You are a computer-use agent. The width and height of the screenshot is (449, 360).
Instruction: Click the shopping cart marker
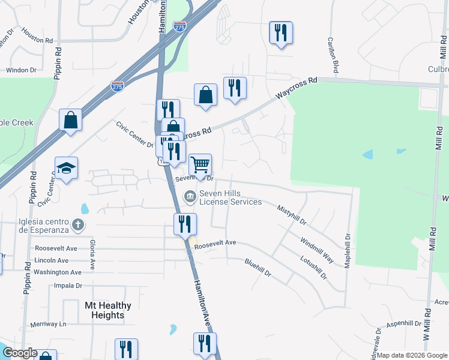pos(200,164)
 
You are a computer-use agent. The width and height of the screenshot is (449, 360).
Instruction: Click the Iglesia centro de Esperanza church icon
pos(77,225)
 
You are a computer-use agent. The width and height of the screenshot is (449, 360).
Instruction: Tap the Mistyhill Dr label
pos(292,215)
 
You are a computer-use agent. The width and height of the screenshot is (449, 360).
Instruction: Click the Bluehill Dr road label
pos(258,267)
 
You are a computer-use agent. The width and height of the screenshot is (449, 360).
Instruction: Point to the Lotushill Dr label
pos(315,268)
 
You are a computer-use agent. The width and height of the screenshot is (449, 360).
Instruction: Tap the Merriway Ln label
pos(47,324)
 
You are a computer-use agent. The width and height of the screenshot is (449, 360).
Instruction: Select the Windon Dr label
pos(21,70)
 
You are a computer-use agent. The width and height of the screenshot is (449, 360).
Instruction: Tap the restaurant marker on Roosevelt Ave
pos(185,224)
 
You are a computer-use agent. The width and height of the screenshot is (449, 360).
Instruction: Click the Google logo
pos(19,353)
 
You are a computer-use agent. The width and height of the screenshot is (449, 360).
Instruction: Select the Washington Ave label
pos(58,272)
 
